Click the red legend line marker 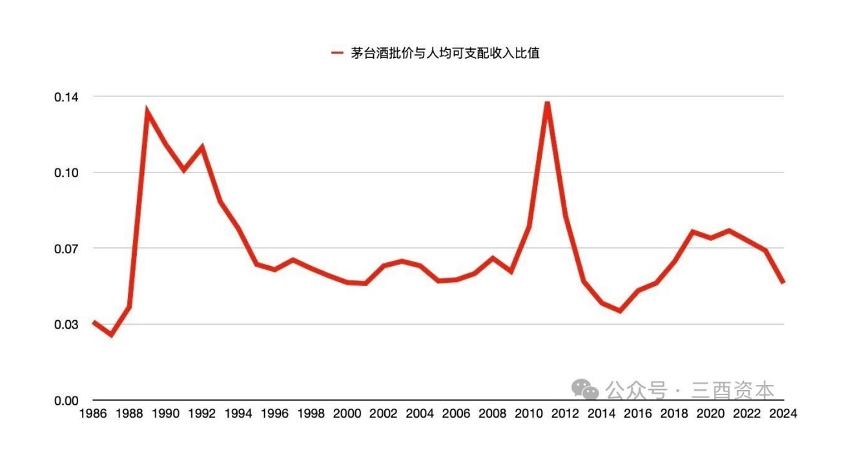[336, 54]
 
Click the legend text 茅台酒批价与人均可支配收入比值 [445, 54]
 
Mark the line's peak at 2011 [547, 103]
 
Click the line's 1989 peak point [148, 112]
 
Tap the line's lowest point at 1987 [111, 335]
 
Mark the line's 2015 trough [620, 311]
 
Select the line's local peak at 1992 [202, 147]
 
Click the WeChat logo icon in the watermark [586, 389]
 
